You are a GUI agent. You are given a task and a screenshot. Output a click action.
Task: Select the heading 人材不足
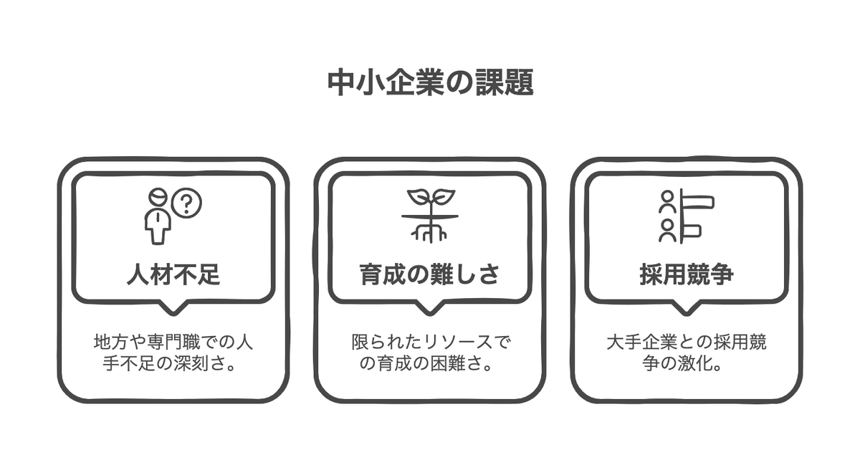[x=173, y=274]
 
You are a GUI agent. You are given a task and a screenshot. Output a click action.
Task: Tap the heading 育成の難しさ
[x=429, y=274]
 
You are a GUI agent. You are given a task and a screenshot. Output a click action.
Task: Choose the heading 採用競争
[x=687, y=274]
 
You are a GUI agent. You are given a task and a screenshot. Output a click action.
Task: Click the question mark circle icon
[x=187, y=203]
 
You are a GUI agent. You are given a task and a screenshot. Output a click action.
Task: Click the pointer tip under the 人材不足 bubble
[x=173, y=310]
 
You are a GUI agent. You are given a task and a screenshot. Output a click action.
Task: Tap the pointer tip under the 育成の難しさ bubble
[x=429, y=310]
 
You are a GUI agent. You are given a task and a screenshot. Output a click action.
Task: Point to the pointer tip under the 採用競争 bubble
[x=687, y=310]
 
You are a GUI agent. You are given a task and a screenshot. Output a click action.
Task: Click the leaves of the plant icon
[x=429, y=197]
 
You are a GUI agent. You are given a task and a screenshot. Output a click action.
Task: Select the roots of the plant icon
[x=429, y=231]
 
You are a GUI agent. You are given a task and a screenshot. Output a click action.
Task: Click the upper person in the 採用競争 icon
[x=667, y=201]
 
